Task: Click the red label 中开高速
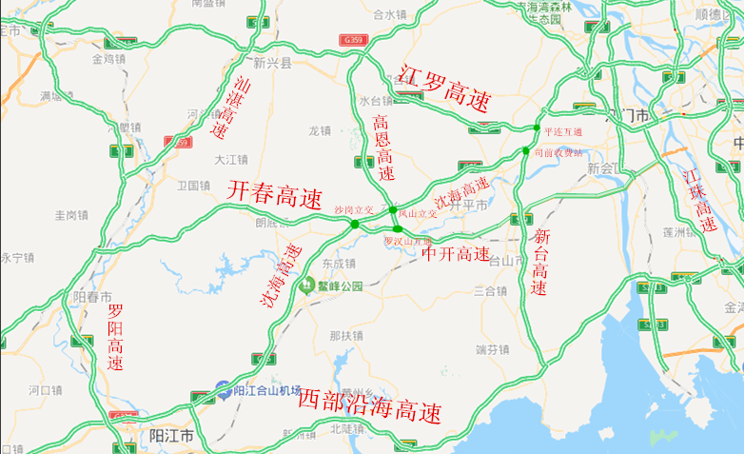click(456, 255)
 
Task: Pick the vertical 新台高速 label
click(540, 262)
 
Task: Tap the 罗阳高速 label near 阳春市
click(115, 337)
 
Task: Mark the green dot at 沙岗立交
click(355, 225)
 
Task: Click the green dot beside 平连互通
click(537, 128)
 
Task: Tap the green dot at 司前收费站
click(525, 150)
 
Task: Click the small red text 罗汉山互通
click(407, 241)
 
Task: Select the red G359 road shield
click(354, 39)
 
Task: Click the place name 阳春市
click(93, 297)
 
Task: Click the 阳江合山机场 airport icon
click(222, 389)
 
